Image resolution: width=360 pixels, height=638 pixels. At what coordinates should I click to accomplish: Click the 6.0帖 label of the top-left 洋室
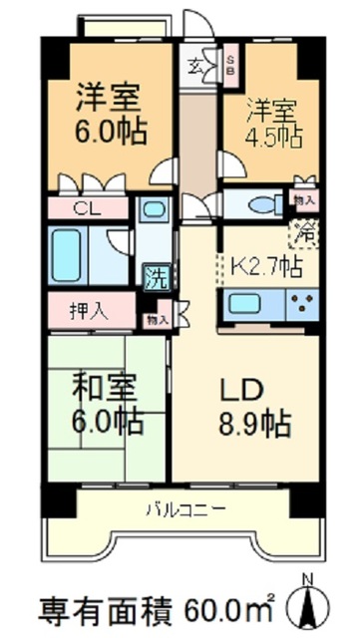point(110,132)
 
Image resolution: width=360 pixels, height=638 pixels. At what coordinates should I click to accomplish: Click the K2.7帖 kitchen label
point(266,265)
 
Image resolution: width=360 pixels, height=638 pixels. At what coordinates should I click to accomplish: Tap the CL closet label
point(87,209)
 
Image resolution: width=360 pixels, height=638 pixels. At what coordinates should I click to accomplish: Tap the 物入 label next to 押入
point(157,319)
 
